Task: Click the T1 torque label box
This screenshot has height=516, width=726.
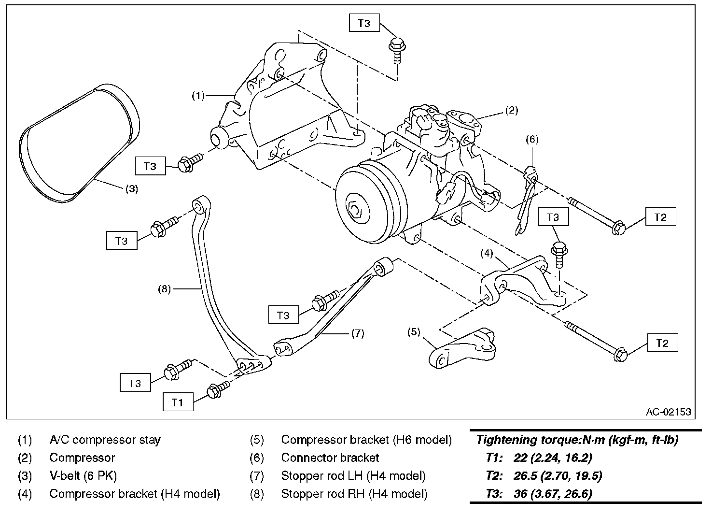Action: pos(178,402)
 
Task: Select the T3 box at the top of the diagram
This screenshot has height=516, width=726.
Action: pos(364,23)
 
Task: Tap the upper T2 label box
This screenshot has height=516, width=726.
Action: pos(660,216)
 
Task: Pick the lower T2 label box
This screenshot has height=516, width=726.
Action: pos(662,343)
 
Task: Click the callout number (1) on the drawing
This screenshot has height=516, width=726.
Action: pos(198,96)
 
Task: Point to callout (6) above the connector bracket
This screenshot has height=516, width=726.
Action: pos(532,140)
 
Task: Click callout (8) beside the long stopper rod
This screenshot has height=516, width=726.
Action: pos(164,288)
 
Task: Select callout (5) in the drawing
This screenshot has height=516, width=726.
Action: pos(414,332)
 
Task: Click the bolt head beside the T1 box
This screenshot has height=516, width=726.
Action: pos(214,391)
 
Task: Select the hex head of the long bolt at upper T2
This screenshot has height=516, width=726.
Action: pos(618,228)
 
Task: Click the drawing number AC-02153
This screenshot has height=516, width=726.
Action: pos(668,412)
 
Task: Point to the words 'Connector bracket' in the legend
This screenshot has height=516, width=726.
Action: pos(330,458)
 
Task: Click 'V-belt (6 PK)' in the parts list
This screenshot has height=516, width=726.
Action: pos(84,476)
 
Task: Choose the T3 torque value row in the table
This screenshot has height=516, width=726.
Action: pos(539,494)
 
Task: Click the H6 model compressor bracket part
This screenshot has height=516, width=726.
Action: pos(462,348)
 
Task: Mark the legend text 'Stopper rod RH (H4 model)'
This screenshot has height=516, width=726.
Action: pos(354,494)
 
